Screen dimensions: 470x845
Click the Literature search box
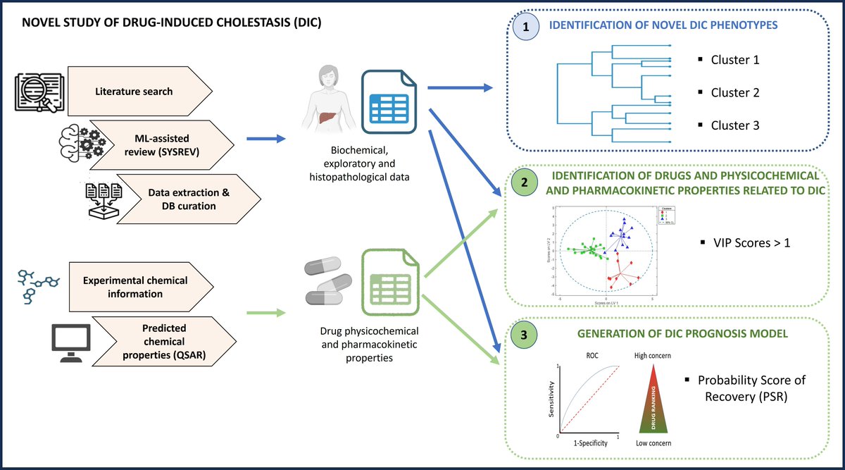[138, 92]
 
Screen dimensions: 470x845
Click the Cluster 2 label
[734, 92]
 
